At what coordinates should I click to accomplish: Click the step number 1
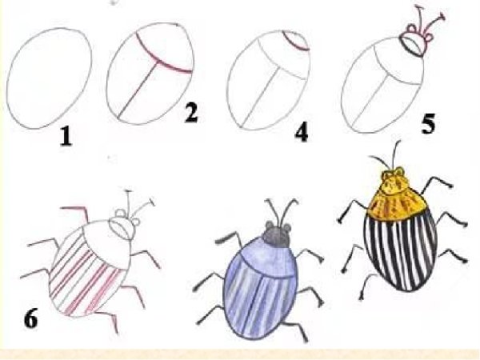point(66,137)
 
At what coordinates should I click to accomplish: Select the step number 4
point(302,132)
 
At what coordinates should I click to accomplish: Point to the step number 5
point(428,124)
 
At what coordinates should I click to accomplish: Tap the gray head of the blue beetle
point(278,234)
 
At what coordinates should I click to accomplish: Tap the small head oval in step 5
point(413,45)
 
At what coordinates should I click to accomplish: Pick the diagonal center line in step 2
point(138,90)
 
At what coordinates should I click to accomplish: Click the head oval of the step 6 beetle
point(122,228)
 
